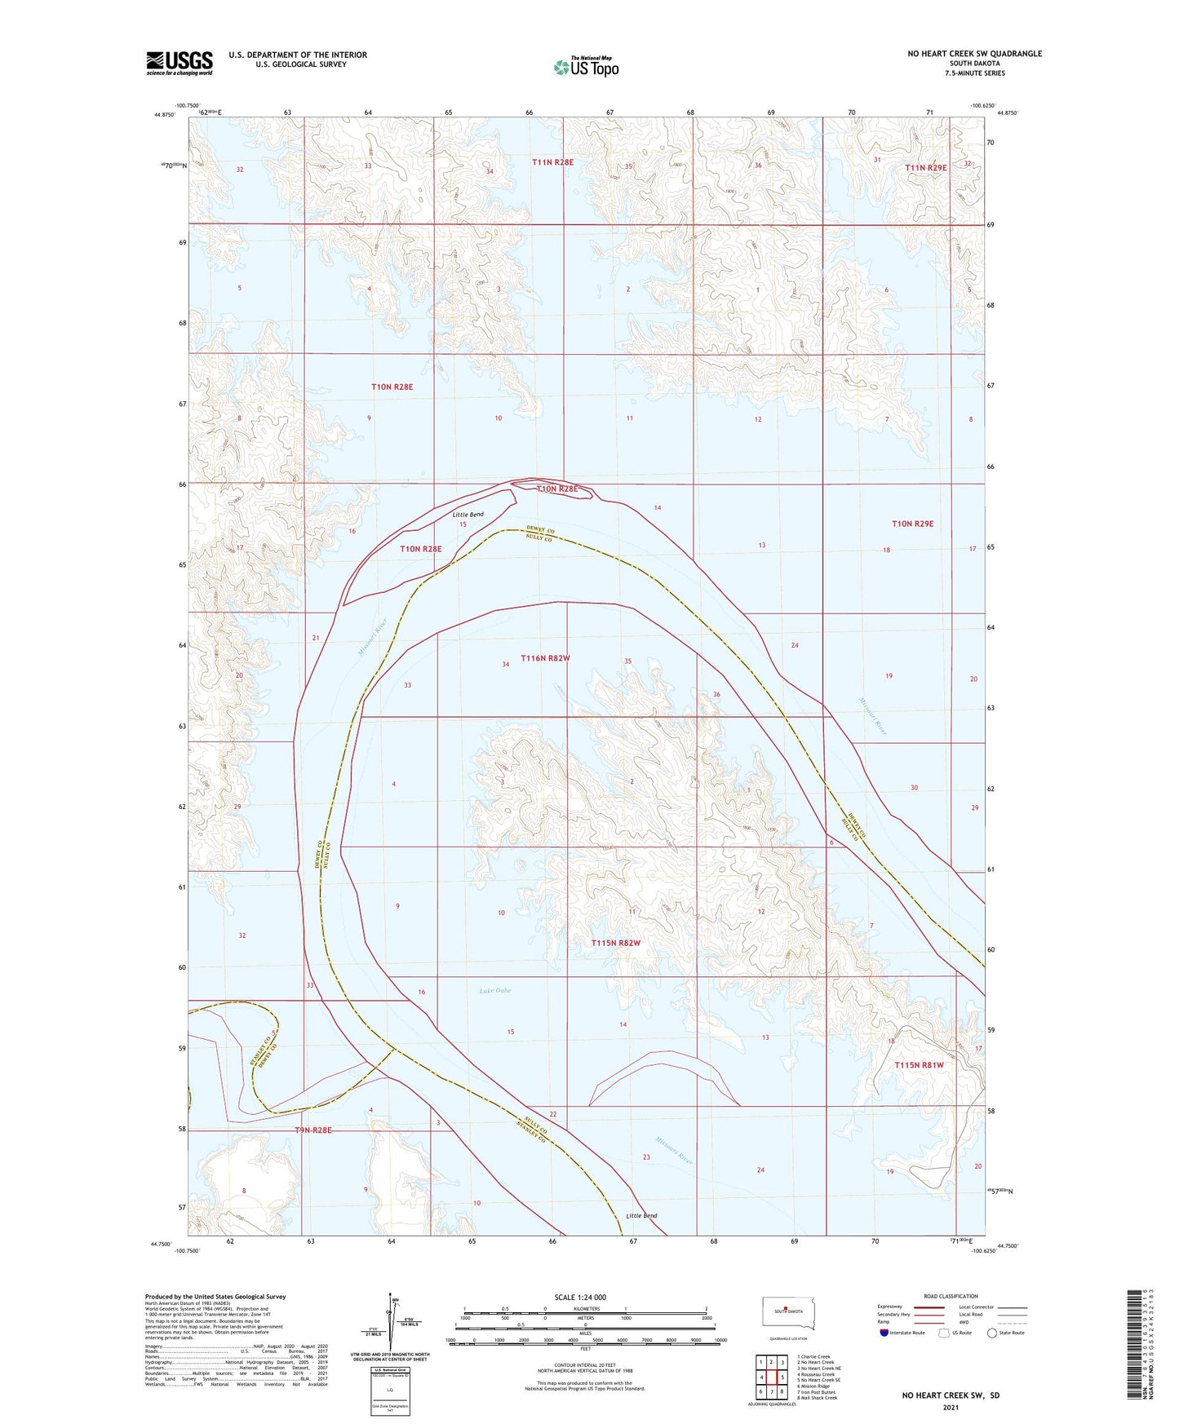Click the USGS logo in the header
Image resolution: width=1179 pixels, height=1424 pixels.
coord(180,63)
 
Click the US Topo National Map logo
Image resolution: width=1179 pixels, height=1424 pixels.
coord(587,66)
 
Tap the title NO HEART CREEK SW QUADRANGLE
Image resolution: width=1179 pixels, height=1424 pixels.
coord(974,54)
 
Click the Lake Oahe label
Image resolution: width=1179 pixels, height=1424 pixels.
coord(494,990)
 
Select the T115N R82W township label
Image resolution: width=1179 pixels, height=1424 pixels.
coord(616,943)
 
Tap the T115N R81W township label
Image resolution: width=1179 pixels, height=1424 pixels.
coord(919,1065)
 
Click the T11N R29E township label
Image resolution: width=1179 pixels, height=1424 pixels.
coord(926,167)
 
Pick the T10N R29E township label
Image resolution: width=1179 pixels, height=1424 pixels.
coord(912,524)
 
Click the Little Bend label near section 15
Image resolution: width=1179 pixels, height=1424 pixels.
coord(468,515)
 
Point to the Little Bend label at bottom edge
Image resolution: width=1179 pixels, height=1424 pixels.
coord(641,1215)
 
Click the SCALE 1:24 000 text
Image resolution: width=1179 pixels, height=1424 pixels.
coord(580,1297)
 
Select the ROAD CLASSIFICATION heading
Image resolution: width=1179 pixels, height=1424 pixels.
coord(951,1296)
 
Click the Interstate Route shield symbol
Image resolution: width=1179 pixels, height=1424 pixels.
coord(884,1333)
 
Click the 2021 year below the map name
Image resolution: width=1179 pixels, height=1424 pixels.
coord(951,1407)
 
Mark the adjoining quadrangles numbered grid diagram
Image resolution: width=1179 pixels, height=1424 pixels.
coord(770,1373)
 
